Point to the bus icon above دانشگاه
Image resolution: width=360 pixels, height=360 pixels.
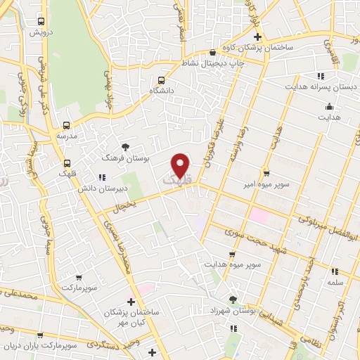click(x=161, y=80)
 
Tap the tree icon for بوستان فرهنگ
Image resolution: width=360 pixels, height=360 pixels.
click(x=126, y=146)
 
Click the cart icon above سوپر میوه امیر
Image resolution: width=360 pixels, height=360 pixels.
click(x=266, y=173)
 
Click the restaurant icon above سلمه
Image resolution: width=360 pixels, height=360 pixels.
click(x=335, y=271)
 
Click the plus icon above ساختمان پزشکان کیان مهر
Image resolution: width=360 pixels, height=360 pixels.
click(x=130, y=301)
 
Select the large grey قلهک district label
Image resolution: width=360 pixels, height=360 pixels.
click(x=176, y=181)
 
